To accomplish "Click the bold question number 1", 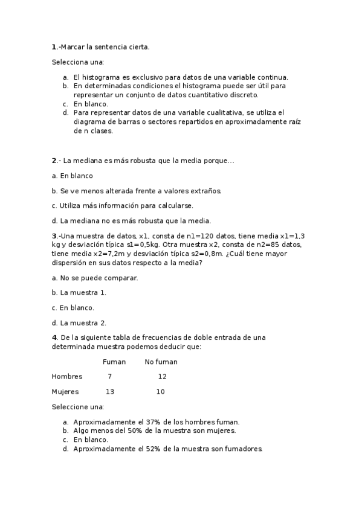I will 54,46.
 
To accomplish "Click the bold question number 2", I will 54,161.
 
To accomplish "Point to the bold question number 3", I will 54,236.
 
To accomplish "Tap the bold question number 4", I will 54,337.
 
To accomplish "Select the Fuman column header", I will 114,362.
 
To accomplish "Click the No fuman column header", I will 161,362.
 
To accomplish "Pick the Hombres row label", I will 66,377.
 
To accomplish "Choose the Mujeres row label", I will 65,392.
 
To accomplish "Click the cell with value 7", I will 109,377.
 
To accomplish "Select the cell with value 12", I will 162,377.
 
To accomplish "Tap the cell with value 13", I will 110,392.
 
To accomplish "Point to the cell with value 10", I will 160,392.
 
